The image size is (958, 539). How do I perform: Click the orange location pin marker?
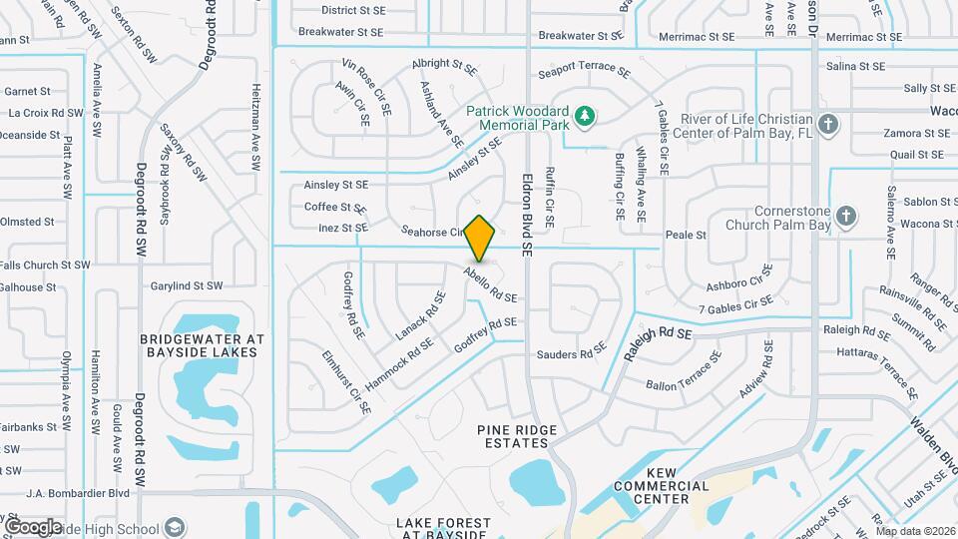coord(480,239)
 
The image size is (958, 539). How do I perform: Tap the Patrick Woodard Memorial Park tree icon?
coord(586,119)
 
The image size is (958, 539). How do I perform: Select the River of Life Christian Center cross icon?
coord(826,125)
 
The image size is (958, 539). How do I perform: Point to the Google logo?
coord(33,526)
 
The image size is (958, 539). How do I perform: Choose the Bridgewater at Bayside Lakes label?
coord(201,344)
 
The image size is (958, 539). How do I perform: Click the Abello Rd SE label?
coord(489,284)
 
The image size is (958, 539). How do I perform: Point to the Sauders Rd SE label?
coord(571,353)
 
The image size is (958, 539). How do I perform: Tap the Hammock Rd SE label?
coord(398,363)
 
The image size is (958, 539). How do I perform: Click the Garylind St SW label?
coord(187,285)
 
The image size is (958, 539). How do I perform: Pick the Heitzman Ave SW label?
coord(256,114)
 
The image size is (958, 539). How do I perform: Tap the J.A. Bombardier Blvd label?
coord(79,492)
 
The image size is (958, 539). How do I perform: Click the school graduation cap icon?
coord(175,528)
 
